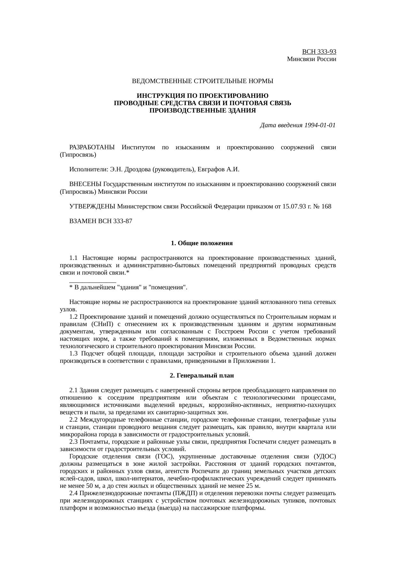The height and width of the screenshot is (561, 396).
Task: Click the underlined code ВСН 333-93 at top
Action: [x=319, y=52]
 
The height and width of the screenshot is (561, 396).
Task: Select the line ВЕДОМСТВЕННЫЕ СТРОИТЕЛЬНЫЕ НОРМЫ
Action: [x=202, y=81]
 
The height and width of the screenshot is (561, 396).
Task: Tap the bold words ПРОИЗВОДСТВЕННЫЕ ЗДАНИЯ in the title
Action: [x=202, y=111]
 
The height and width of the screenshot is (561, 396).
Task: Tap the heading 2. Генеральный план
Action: [x=202, y=376]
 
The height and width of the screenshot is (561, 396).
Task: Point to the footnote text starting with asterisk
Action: [x=128, y=287]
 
